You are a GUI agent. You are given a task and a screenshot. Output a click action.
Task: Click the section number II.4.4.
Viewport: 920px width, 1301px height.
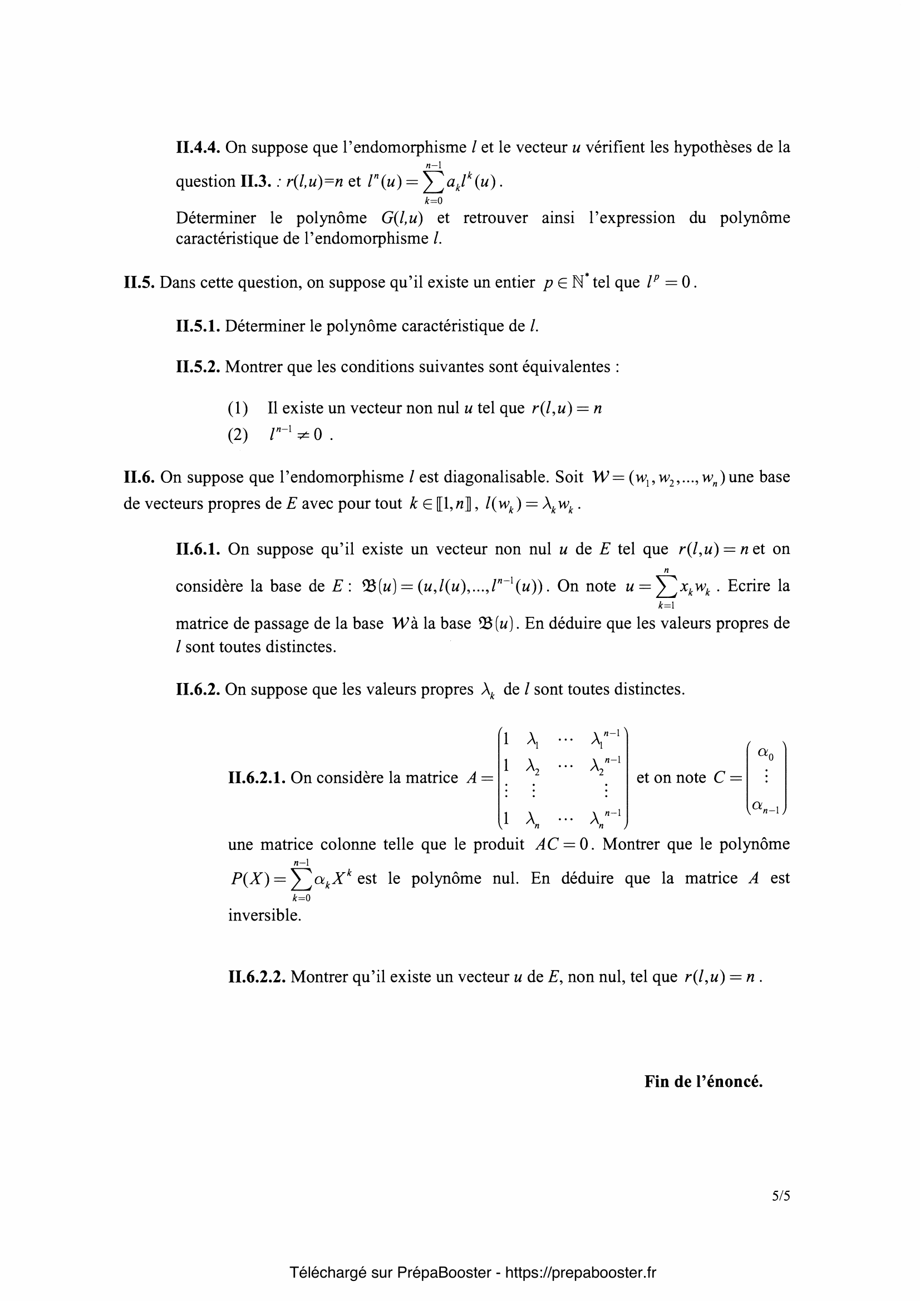pos(198,148)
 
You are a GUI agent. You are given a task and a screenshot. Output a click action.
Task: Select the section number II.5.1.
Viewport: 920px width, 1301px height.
pos(198,327)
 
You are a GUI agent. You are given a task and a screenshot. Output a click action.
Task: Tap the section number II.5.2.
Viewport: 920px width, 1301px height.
pos(198,367)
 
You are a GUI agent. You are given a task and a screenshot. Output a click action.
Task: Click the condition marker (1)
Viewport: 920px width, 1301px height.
pos(238,409)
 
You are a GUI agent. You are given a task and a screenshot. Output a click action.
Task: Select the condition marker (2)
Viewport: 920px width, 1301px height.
pos(238,435)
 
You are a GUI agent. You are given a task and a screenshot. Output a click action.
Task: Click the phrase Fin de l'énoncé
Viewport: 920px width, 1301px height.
pos(703,1082)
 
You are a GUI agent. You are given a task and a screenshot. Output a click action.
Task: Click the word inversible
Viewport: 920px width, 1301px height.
pos(264,916)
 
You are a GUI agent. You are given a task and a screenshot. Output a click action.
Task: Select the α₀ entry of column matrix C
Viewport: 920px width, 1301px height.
pos(766,754)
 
